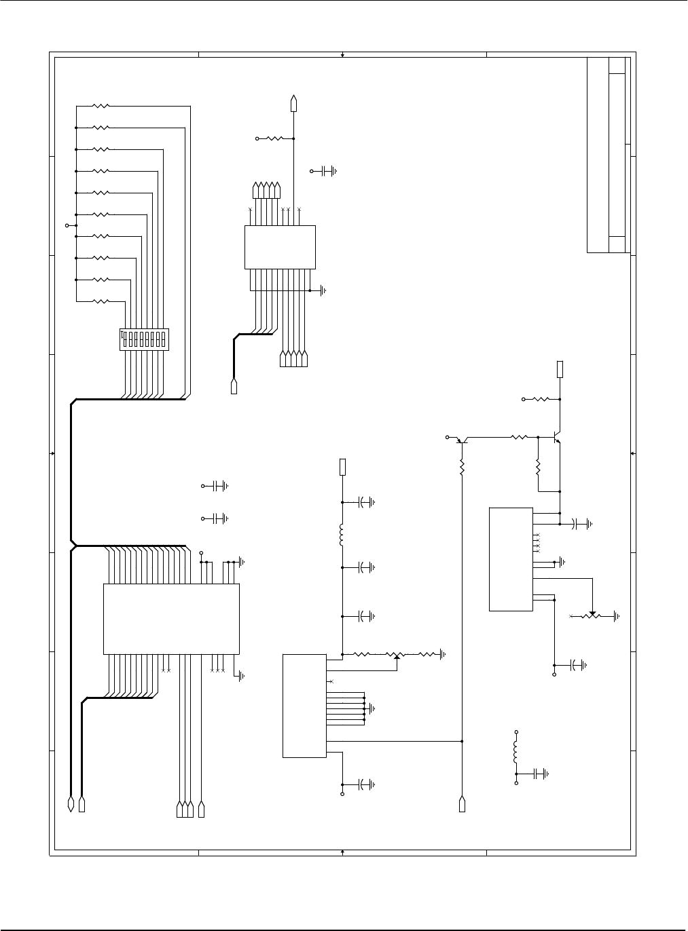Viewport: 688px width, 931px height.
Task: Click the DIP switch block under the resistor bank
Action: (x=144, y=339)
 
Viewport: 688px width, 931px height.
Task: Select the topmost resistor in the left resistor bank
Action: (x=101, y=106)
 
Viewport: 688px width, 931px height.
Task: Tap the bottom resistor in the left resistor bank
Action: (x=101, y=301)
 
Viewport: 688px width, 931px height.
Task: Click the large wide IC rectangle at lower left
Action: (x=171, y=619)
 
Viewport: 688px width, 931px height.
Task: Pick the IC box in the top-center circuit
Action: (x=280, y=247)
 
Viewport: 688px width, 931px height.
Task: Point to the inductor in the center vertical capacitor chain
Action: (x=342, y=535)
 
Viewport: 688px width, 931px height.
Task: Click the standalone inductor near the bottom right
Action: (x=516, y=750)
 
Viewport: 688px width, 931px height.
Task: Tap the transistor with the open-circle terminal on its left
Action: (x=461, y=440)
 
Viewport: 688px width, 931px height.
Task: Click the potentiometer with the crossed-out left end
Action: (x=593, y=615)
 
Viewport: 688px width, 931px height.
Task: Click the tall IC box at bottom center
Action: (x=304, y=706)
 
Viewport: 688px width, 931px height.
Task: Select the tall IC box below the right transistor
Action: (x=511, y=558)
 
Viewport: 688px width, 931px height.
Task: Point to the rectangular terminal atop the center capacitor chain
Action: (x=342, y=467)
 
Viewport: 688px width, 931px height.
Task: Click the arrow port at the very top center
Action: (x=293, y=102)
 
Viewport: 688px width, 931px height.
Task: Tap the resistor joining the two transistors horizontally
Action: (x=520, y=438)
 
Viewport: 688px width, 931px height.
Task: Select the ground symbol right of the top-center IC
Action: (x=323, y=290)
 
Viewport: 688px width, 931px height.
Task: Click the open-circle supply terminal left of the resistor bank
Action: (x=67, y=225)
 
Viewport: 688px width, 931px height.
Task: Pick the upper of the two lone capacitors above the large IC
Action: (x=219, y=486)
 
